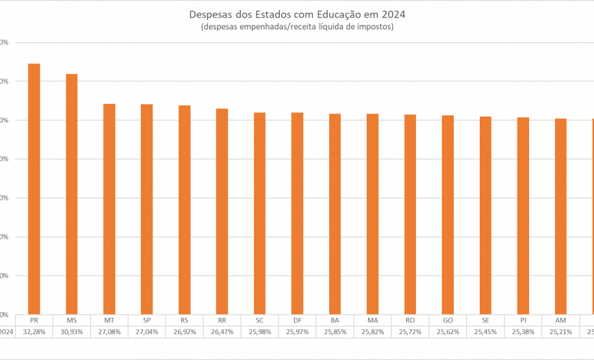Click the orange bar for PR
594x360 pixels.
34,188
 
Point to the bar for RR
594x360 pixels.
222,211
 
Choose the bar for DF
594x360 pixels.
297,213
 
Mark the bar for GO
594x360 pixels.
448,215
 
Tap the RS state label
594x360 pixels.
184,320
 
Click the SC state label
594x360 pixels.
260,320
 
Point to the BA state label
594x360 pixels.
335,320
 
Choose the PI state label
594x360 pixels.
523,320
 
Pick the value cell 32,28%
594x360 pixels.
34,331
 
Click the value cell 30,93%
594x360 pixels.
71,331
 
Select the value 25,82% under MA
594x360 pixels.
373,331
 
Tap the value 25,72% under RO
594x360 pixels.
410,331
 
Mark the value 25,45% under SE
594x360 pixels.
486,331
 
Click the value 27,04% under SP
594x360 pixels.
147,331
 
